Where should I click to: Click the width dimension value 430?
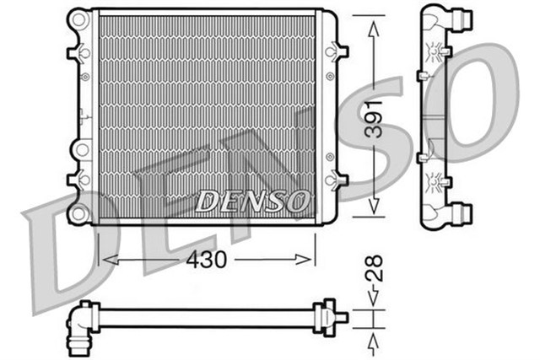point(206,261)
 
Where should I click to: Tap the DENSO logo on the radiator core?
point(252,201)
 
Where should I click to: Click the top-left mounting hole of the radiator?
point(78,19)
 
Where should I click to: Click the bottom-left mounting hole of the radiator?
point(78,213)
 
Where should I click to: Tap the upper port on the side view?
point(461,18)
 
